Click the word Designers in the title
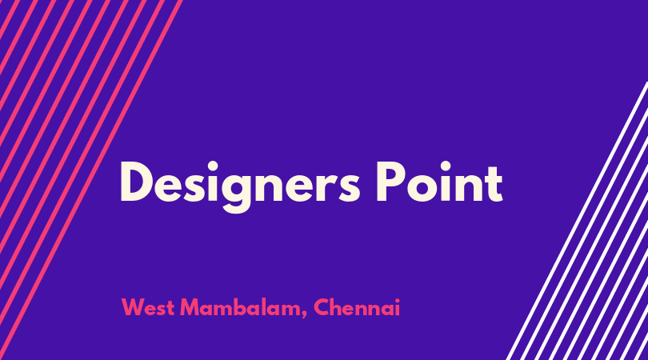point(240,186)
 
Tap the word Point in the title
point(439,182)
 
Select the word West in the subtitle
point(147,307)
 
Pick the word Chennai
point(357,307)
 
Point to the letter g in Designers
point(236,193)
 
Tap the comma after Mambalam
point(304,315)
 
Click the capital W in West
point(134,307)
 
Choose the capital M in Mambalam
point(190,307)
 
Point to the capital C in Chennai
point(322,307)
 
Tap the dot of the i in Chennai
point(397,300)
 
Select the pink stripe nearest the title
point(91,180)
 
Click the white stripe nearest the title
point(577,221)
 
